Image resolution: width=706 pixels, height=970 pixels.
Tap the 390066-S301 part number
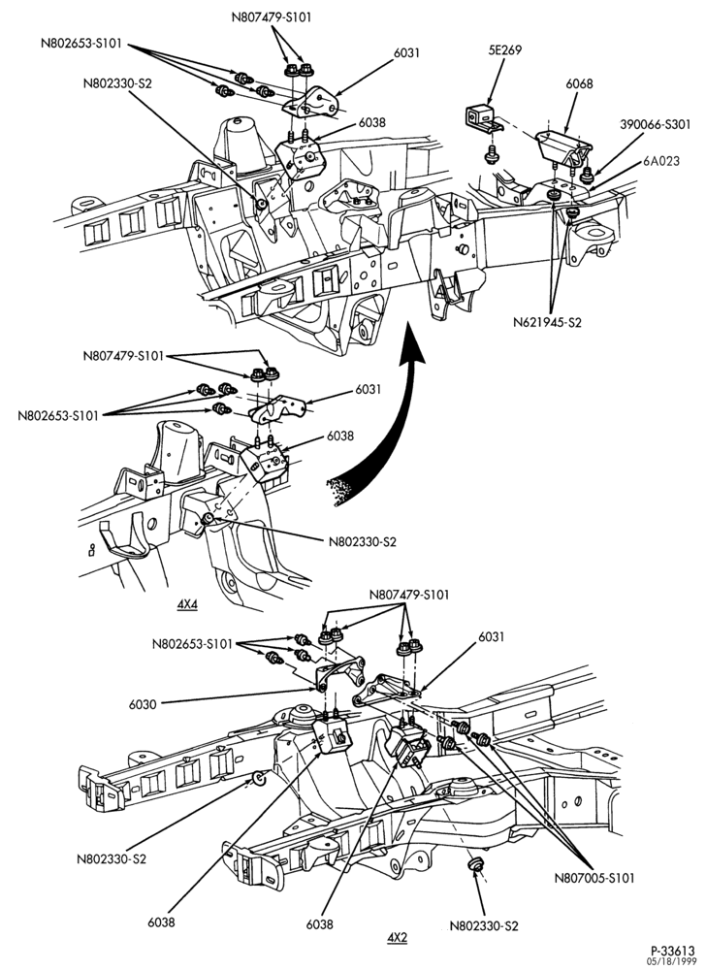[655, 124]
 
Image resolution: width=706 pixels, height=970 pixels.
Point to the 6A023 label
[660, 161]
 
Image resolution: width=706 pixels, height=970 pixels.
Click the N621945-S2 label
[547, 322]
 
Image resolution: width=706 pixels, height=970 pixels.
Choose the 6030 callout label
[143, 704]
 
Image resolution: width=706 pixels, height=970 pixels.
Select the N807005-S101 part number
[594, 878]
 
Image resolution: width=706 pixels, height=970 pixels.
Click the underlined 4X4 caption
[187, 605]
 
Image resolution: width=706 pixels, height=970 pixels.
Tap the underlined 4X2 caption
[397, 938]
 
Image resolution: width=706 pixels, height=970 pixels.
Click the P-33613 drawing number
[673, 950]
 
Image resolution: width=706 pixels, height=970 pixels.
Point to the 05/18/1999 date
[671, 961]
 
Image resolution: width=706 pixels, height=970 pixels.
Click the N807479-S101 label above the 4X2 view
[409, 596]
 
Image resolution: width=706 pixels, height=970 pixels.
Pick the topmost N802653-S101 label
[82, 45]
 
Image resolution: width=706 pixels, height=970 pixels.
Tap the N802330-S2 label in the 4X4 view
[363, 542]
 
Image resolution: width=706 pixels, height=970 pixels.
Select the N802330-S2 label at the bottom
[484, 926]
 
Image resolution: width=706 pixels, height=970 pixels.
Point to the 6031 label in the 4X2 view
[492, 636]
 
